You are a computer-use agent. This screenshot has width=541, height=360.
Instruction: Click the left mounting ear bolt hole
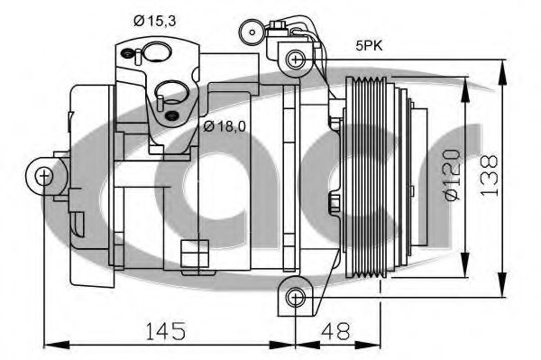43,175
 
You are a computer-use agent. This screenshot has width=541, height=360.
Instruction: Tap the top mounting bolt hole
294,60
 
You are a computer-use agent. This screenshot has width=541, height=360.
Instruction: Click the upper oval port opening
159,51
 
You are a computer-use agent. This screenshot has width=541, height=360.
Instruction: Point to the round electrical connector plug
250,34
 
